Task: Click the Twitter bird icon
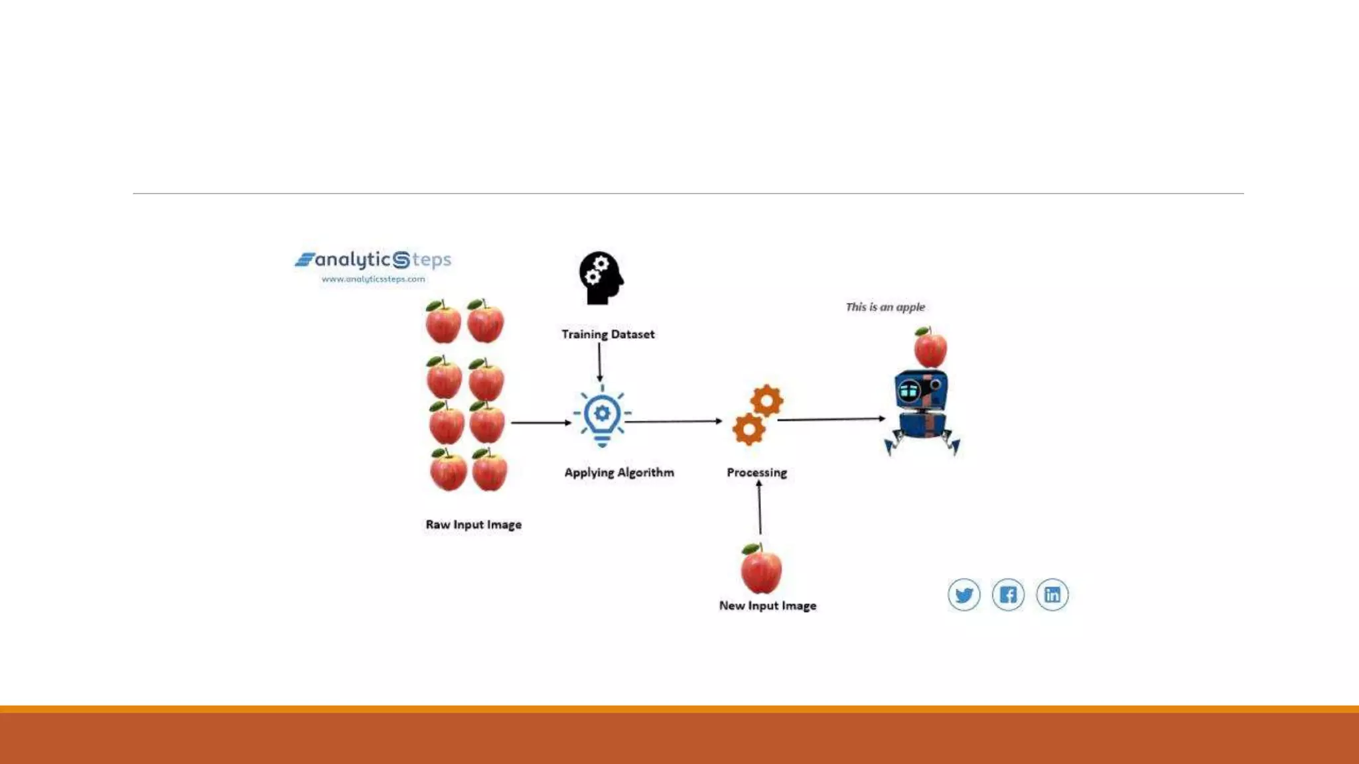click(964, 594)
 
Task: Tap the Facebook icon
click(1008, 594)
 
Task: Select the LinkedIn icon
click(1052, 594)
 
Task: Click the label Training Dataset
click(608, 334)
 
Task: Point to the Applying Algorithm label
click(619, 472)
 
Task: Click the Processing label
click(756, 472)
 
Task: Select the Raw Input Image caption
click(474, 525)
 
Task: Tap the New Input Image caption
click(768, 605)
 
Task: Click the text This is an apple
click(885, 307)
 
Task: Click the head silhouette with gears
click(601, 278)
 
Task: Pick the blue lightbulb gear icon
click(602, 416)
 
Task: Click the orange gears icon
click(757, 415)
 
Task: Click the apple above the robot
click(930, 348)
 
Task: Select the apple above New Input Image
click(761, 569)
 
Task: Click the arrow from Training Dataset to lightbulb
click(599, 362)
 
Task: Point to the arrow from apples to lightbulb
click(540, 422)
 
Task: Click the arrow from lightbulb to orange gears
click(673, 421)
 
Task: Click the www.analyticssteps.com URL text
click(373, 279)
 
